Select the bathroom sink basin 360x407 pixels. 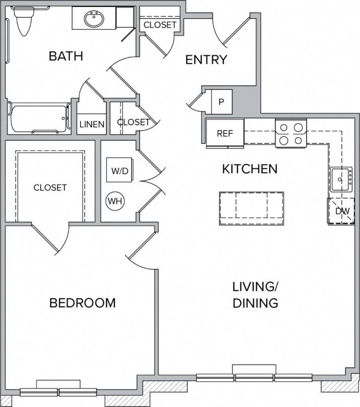point(94,20)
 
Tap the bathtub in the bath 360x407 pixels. point(39,118)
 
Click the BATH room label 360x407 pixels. point(65,56)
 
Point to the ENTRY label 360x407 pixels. point(206,60)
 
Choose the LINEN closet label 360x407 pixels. point(92,124)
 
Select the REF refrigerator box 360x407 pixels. point(224,133)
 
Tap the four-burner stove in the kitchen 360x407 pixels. point(291,133)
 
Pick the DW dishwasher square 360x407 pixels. point(342,211)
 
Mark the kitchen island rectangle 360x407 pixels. point(251,208)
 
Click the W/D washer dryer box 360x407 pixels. point(120,171)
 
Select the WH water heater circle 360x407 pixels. point(115,201)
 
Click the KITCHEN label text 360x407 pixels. point(250,169)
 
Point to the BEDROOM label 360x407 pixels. point(82,303)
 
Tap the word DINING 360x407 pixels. point(255,303)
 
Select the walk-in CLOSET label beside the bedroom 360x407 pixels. point(50,188)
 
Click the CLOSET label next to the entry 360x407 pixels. point(160,25)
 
